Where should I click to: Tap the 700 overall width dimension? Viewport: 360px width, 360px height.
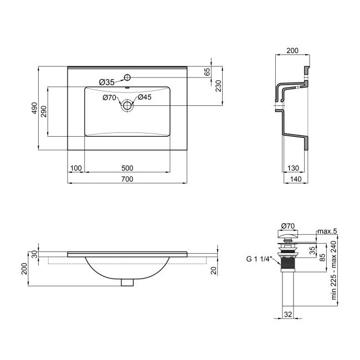pyautogui.click(x=127, y=179)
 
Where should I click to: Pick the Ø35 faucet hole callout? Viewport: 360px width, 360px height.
pyautogui.click(x=106, y=82)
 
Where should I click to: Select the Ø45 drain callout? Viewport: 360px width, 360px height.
pyautogui.click(x=145, y=97)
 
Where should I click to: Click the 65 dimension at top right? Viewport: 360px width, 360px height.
pyautogui.click(x=208, y=72)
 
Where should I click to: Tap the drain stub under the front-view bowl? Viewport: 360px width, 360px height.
pyautogui.click(x=127, y=282)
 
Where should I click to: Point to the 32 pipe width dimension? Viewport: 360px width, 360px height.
pyautogui.click(x=287, y=314)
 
